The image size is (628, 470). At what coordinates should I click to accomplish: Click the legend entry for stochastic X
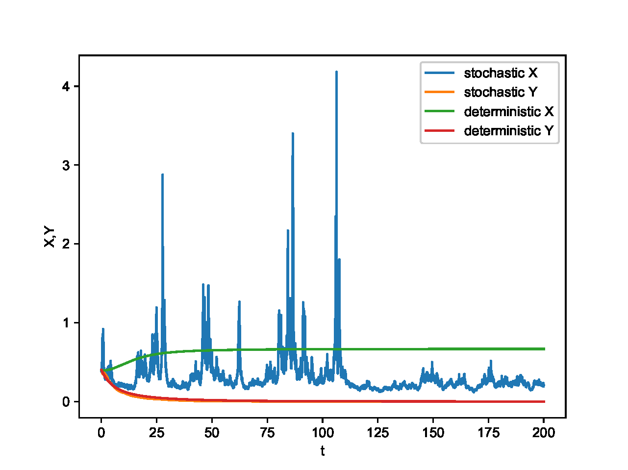coord(500,73)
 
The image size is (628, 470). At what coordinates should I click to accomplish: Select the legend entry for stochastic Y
coord(500,92)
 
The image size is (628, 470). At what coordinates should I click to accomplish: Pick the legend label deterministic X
coord(508,111)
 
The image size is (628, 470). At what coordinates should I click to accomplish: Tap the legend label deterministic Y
coord(508,131)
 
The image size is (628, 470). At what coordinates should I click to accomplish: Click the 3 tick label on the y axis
coord(66,165)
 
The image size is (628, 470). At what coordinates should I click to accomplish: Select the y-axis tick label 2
coord(66,244)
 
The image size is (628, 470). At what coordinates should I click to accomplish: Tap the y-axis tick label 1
coord(66,323)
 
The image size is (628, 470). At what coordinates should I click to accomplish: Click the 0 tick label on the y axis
coord(66,402)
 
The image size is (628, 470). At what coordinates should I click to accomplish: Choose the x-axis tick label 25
coord(156,433)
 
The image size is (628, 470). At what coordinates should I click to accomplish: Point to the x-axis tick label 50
coord(212,433)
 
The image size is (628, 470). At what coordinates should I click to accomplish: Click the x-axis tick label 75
coord(267,433)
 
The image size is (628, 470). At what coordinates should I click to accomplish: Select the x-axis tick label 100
coord(323,433)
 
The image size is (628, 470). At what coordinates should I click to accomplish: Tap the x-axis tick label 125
coord(378,433)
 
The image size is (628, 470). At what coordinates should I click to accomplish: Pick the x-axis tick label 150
coord(433,433)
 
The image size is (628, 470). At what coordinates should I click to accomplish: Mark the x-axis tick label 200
coord(544,433)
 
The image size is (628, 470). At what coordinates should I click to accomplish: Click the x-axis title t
coord(323,451)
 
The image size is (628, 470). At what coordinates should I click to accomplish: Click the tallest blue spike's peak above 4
coord(336,72)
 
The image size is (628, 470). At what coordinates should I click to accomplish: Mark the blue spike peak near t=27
coord(162,174)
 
